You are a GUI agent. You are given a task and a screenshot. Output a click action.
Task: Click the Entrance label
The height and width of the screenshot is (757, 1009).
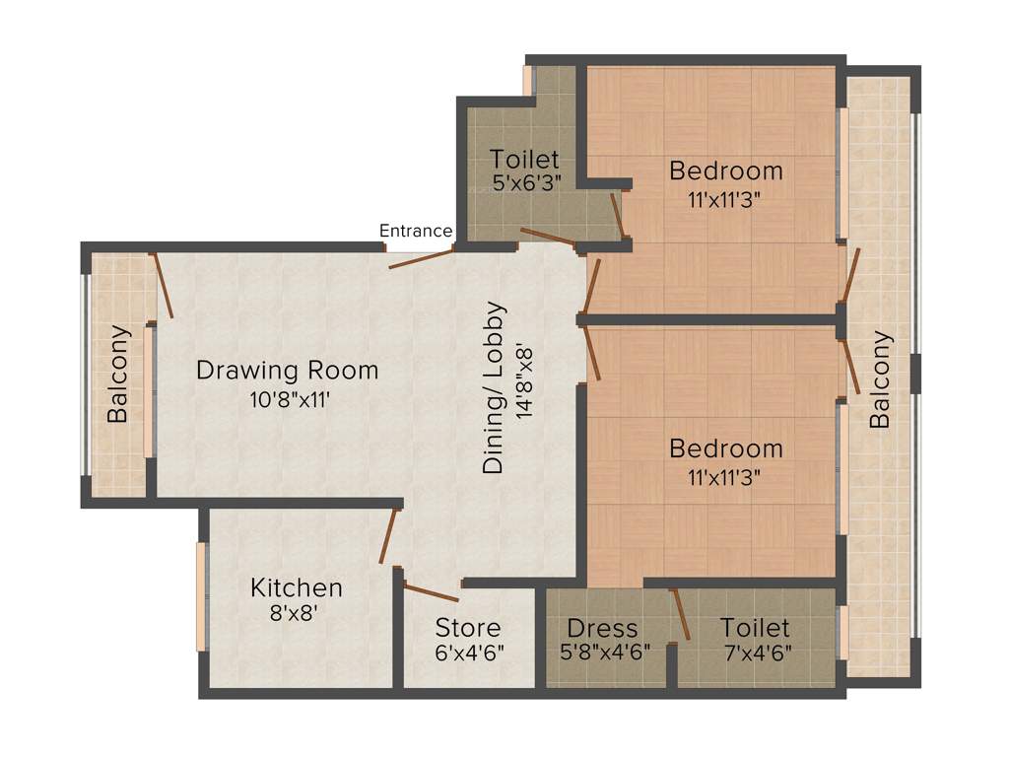(416, 231)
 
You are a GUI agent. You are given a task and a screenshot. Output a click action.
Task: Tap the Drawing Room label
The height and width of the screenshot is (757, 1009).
(287, 371)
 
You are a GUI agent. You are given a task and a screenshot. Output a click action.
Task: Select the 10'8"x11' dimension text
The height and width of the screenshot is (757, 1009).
(287, 400)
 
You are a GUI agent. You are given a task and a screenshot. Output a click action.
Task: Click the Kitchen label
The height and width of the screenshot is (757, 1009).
(296, 588)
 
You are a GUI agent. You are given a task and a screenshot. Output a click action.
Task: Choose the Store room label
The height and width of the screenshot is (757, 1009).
(468, 628)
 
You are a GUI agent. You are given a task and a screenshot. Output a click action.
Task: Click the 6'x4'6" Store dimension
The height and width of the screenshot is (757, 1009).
(468, 653)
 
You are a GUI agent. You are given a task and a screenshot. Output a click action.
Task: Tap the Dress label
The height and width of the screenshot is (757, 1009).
(602, 628)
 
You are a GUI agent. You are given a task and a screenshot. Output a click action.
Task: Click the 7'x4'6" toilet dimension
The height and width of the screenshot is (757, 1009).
(755, 653)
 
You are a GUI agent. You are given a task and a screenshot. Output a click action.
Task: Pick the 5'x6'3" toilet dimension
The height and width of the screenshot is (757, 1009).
(525, 182)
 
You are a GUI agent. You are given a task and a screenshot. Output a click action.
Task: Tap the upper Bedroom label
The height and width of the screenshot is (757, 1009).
(726, 171)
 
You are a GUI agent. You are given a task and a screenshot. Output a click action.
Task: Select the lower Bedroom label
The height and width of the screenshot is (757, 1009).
(726, 448)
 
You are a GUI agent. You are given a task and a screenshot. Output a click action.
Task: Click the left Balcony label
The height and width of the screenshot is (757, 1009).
(118, 375)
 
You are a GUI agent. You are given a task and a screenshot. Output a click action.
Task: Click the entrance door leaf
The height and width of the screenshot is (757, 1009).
(421, 258)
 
